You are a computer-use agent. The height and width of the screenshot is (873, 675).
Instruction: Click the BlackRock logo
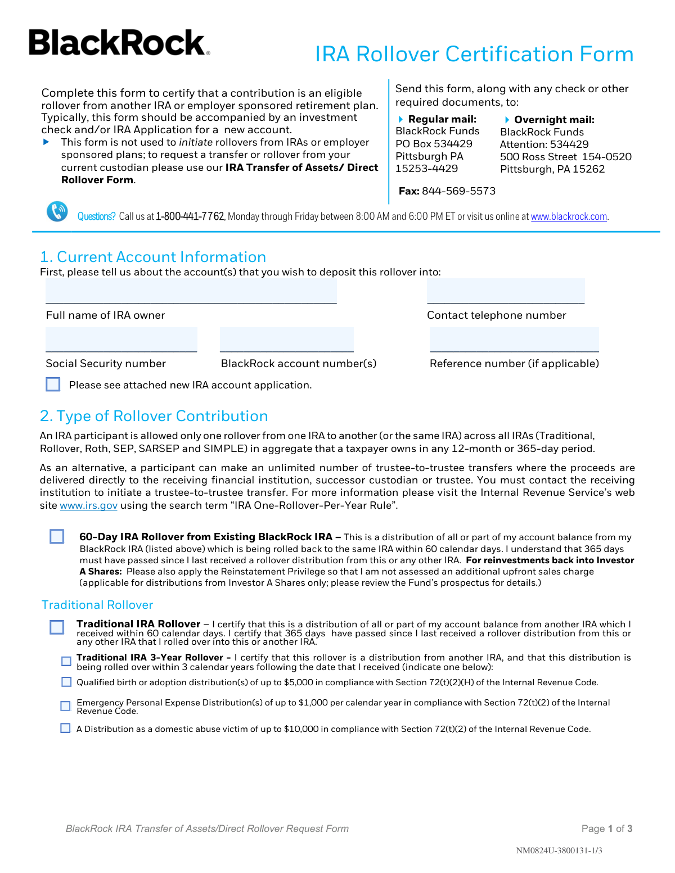(x=119, y=43)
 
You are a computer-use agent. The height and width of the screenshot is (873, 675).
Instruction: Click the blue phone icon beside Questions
(x=57, y=212)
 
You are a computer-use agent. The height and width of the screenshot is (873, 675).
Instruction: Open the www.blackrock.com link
(x=569, y=216)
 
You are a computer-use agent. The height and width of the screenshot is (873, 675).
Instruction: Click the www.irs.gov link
(x=88, y=505)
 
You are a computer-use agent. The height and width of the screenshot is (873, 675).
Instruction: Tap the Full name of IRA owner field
(x=191, y=291)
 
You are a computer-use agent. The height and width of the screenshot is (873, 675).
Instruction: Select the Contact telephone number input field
(x=505, y=291)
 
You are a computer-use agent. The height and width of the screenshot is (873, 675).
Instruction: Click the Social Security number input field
(x=121, y=340)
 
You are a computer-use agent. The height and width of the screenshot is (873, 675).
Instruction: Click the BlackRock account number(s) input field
(x=286, y=340)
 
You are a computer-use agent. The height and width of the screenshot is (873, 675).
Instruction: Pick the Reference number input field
(x=514, y=340)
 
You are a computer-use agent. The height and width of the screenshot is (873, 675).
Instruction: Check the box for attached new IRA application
(x=53, y=385)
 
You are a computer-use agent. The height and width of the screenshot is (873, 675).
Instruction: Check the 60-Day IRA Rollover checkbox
(x=57, y=536)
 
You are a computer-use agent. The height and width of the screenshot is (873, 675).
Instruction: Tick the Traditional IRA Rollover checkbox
(x=57, y=627)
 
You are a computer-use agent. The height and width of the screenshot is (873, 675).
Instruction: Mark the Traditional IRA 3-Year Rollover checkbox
(x=66, y=661)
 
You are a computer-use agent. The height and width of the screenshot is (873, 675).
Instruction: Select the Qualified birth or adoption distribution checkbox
(x=66, y=682)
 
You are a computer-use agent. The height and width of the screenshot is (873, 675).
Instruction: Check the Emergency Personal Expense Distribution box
(x=66, y=705)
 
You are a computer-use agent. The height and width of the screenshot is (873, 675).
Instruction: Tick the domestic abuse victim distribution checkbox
(x=66, y=728)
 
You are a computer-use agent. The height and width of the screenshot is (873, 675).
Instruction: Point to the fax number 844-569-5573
(x=458, y=191)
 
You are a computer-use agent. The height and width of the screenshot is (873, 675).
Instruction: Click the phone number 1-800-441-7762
(x=190, y=216)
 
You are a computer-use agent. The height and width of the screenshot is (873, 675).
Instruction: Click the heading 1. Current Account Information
(x=153, y=257)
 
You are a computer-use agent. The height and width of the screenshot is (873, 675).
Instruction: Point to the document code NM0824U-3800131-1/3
(x=559, y=851)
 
